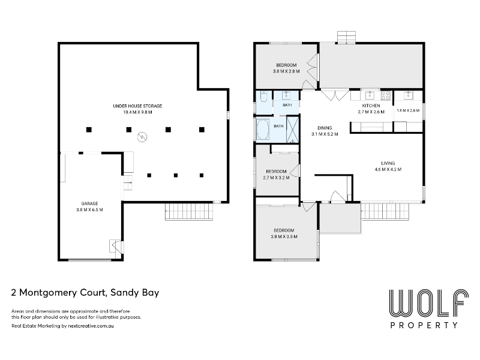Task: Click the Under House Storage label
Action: coord(137,106)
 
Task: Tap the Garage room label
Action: coord(89,203)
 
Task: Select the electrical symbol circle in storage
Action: coord(142,137)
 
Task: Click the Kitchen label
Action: coord(371,106)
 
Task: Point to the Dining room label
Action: coord(325,128)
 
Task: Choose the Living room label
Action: coord(388,163)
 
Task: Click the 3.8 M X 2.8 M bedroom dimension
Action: coord(286,71)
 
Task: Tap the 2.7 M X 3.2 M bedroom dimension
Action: coord(276,178)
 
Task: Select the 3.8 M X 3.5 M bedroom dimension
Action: coord(284,236)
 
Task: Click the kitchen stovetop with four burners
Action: coord(385,95)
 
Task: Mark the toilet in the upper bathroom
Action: coord(263,97)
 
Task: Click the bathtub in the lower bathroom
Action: coord(263,130)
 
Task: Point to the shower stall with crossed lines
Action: coord(292,130)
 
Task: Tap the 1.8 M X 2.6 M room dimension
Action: coord(408,110)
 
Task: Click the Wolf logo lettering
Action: coord(428,303)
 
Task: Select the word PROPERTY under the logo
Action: coord(424,325)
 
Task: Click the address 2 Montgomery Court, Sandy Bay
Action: coord(85,293)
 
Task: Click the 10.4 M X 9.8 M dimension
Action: coord(137,112)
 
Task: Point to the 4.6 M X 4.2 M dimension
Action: coord(388,169)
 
